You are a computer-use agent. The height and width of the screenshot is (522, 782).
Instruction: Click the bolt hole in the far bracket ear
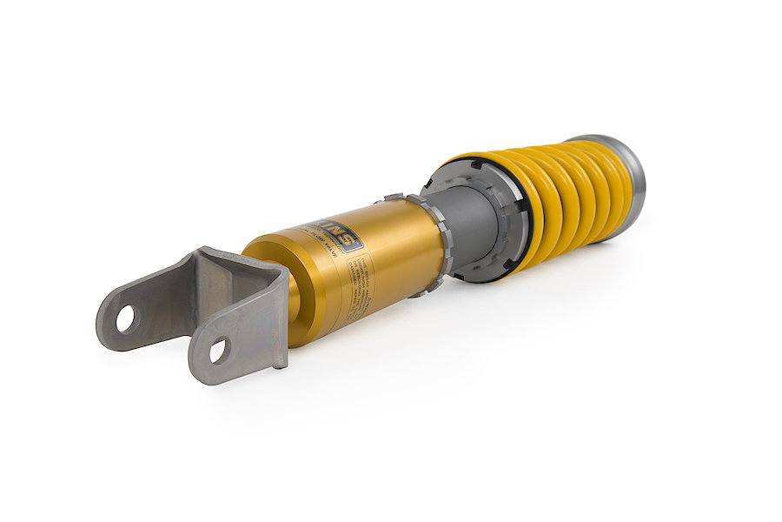[x=125, y=318]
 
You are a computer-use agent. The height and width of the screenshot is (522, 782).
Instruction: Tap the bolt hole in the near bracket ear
[x=217, y=350]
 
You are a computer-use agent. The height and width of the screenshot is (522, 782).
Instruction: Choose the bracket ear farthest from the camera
[x=130, y=313]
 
